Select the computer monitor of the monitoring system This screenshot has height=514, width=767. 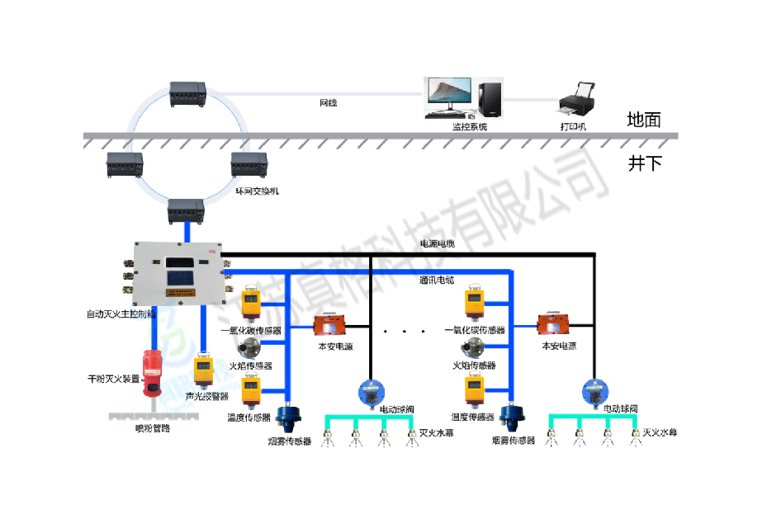(447, 97)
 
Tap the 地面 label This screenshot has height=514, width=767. (644, 120)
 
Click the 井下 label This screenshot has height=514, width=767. (645, 163)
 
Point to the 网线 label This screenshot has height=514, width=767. (328, 103)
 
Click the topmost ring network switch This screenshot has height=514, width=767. (187, 92)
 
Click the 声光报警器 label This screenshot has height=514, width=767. (206, 395)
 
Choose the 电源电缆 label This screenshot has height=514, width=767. (438, 244)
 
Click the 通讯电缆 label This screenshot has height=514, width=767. (438, 281)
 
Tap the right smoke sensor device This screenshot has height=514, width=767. (510, 416)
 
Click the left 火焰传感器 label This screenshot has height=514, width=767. (250, 365)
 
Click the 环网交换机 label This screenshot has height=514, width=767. (257, 191)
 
